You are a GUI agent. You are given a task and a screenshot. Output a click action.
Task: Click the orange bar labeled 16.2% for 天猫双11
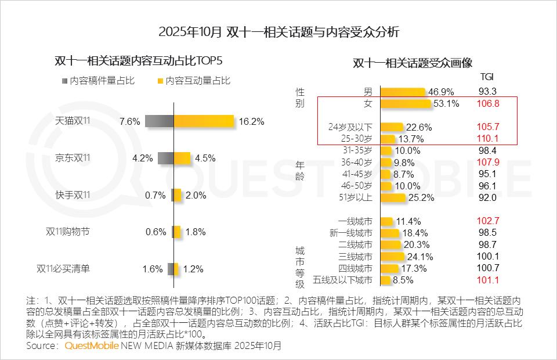204,121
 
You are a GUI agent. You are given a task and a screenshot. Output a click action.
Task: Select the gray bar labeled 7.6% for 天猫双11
160,121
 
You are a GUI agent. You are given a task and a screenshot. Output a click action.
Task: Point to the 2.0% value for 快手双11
196,195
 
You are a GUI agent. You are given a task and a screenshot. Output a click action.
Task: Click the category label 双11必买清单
63,269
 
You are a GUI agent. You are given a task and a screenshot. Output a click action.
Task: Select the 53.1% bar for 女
406,103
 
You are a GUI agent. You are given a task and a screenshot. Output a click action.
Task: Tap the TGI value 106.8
488,103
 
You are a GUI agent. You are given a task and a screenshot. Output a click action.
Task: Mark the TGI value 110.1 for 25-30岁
488,139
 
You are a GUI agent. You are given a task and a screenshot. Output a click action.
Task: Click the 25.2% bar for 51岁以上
393,197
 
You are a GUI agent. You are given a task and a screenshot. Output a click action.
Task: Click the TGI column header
487,76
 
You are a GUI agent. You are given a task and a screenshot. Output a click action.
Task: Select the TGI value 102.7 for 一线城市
488,221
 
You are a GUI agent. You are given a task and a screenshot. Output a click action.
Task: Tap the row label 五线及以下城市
342,280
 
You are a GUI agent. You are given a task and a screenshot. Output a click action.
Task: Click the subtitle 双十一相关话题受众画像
413,63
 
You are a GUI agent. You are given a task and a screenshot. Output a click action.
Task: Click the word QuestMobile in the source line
91,346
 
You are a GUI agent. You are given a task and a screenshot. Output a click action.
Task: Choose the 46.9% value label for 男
442,92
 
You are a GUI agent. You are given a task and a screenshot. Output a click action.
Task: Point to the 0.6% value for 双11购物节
156,232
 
